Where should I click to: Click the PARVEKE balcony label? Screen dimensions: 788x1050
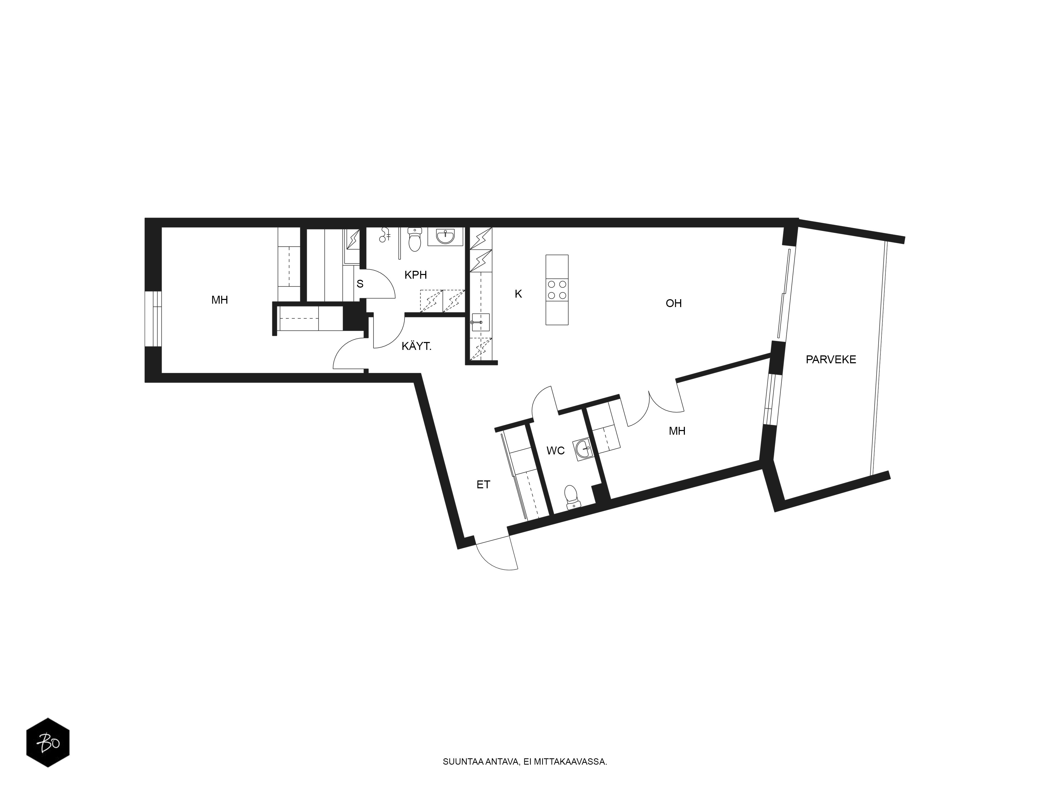[831, 360]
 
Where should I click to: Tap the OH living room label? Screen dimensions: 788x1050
[674, 303]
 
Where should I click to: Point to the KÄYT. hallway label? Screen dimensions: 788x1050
[416, 346]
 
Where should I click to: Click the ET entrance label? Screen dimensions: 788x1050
[483, 484]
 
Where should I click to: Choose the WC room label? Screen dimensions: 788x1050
[555, 450]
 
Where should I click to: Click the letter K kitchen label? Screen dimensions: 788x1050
[518, 294]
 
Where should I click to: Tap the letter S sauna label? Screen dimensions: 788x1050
[360, 284]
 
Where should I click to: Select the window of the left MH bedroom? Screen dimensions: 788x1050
[154, 319]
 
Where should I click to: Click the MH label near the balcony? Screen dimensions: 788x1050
[677, 431]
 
